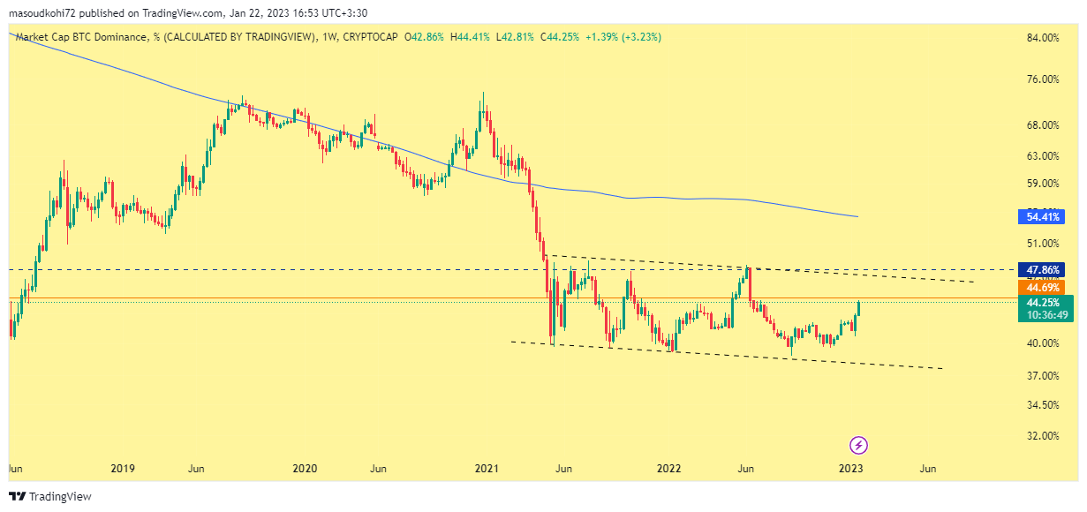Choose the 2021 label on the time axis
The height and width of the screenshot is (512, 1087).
click(x=487, y=468)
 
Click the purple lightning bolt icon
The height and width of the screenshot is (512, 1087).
click(x=858, y=445)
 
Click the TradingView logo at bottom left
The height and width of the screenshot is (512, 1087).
click(x=50, y=497)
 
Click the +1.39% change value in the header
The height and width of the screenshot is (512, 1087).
click(x=604, y=37)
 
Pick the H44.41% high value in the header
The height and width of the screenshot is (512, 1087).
click(x=470, y=37)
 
